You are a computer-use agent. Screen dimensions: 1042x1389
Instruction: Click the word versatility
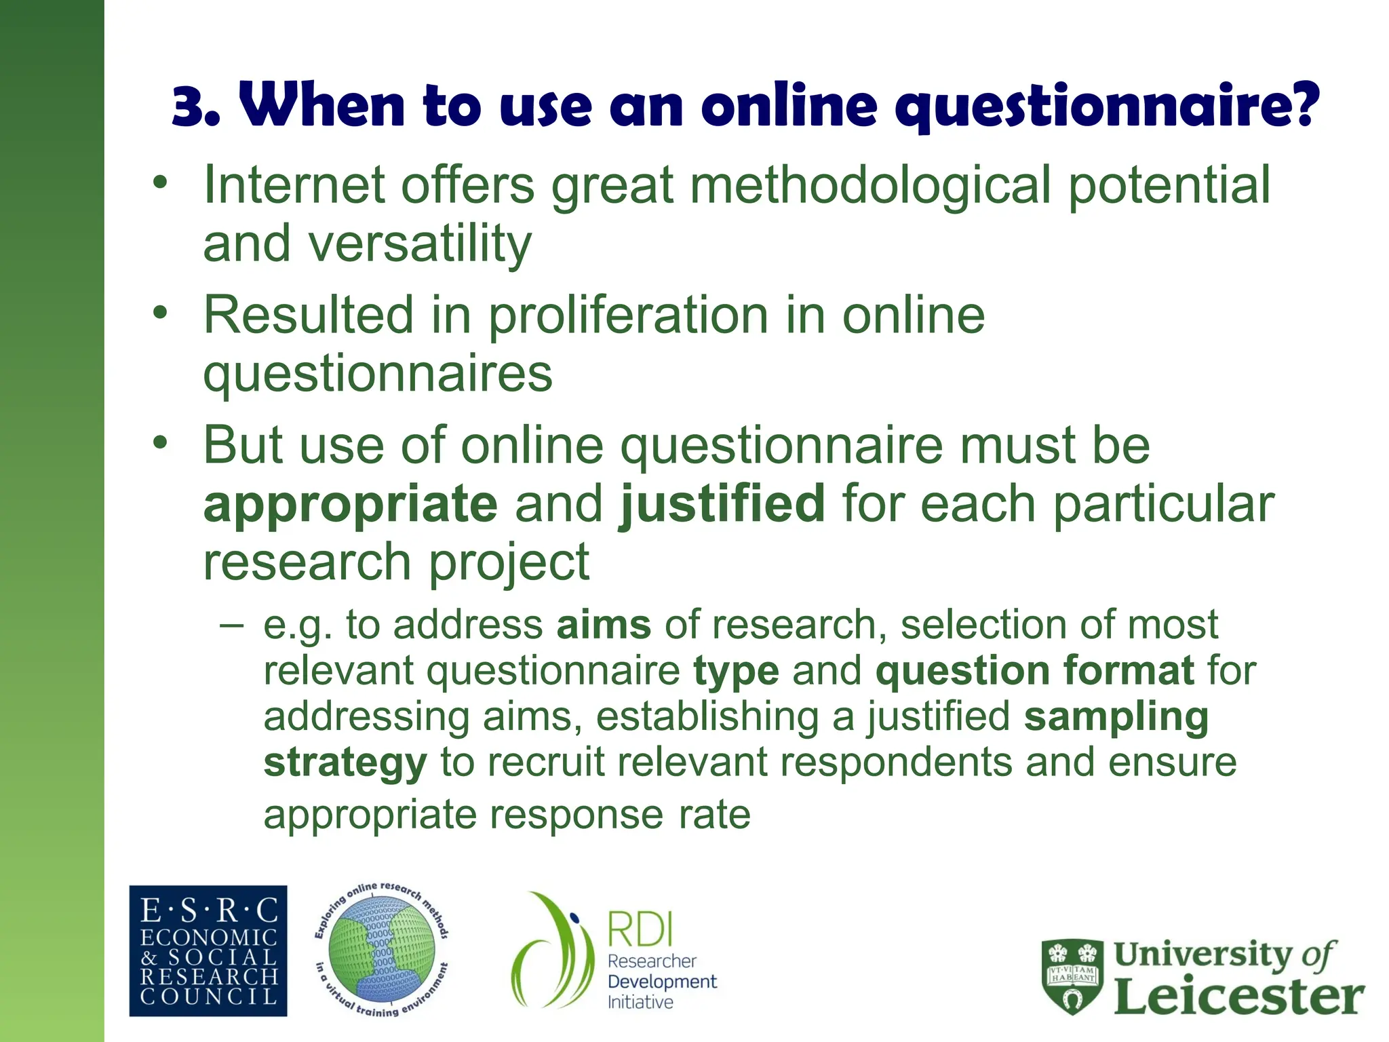[420, 244]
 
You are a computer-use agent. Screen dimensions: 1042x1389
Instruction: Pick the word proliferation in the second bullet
[628, 315]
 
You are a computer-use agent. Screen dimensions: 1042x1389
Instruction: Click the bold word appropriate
[351, 504]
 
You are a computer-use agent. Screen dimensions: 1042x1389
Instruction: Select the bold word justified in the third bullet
[722, 504]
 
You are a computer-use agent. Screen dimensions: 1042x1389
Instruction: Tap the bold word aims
[604, 625]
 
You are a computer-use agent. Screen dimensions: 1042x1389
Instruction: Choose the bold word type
[736, 671]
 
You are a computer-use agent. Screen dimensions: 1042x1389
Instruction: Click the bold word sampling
[1116, 717]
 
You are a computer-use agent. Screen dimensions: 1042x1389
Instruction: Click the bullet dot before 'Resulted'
[159, 313]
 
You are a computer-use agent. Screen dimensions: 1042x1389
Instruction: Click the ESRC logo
[208, 950]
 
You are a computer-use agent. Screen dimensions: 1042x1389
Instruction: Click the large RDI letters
[639, 929]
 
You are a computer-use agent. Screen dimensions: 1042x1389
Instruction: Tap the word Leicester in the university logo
[1238, 997]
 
